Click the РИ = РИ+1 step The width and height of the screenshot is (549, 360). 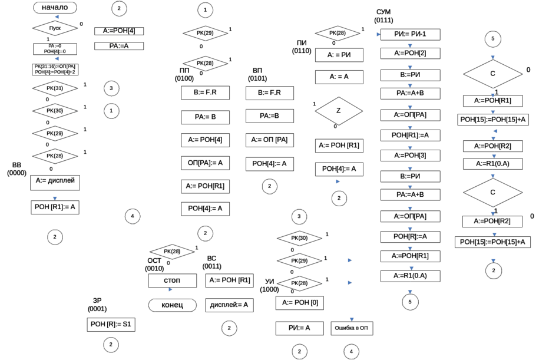click(x=409, y=34)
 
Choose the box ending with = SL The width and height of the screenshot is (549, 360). click(x=111, y=324)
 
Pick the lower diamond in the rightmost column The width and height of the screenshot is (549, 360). click(x=494, y=192)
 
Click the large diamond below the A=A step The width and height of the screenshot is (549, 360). click(x=338, y=110)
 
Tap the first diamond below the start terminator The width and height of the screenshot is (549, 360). click(x=55, y=28)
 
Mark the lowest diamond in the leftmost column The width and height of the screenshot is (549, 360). click(x=55, y=156)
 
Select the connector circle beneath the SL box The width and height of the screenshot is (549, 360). click(x=111, y=344)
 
